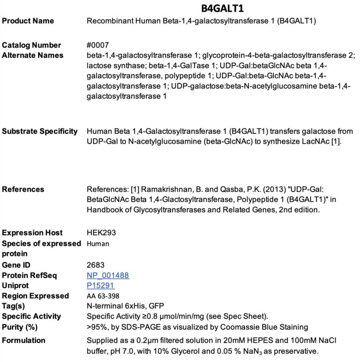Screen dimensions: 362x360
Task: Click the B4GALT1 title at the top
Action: point(222,8)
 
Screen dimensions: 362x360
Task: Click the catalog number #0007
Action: point(97,45)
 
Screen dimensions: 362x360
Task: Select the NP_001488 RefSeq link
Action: point(108,275)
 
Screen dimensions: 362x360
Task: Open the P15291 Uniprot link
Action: point(101,285)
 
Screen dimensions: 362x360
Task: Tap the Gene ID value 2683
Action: point(96,265)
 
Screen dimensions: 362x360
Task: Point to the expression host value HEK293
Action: point(101,233)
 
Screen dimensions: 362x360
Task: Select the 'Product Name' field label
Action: point(28,21)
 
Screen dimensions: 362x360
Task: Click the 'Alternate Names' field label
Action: point(33,55)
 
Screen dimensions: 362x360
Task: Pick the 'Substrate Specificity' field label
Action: point(40,131)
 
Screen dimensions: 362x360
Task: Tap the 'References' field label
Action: point(23,189)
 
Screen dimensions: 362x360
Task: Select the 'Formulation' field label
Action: point(24,340)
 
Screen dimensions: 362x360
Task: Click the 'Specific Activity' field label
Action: point(31,316)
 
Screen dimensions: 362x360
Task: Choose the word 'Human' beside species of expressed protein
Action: point(98,244)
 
